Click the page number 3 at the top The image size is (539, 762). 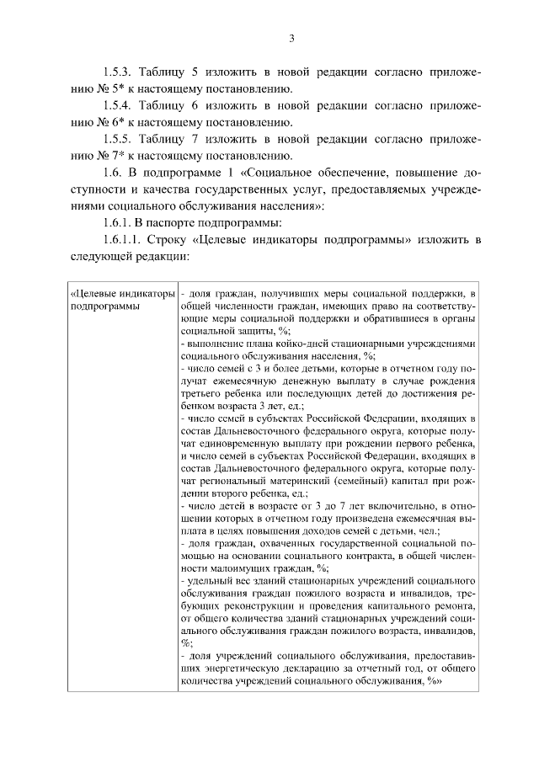291,39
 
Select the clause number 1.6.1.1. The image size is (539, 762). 125,240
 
